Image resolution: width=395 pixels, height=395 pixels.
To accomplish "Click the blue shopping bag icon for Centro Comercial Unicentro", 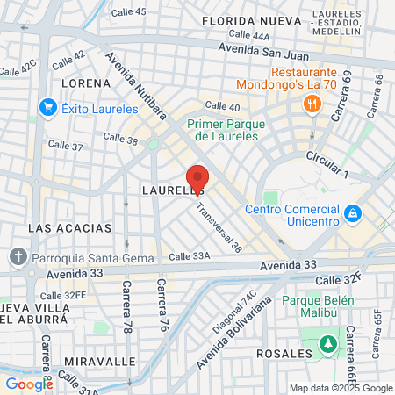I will pyautogui.click(x=352, y=212).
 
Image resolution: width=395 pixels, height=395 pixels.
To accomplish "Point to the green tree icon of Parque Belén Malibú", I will pyautogui.click(x=329, y=342).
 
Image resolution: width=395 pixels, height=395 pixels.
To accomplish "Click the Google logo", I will pyautogui.click(x=29, y=384).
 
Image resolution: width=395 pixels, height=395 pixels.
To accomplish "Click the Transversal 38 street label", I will pyautogui.click(x=219, y=228).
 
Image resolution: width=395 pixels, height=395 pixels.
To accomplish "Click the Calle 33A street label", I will pyautogui.click(x=190, y=256).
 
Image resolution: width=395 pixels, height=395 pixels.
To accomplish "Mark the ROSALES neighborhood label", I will pyautogui.click(x=284, y=354).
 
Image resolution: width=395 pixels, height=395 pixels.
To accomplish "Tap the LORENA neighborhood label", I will pyautogui.click(x=86, y=83).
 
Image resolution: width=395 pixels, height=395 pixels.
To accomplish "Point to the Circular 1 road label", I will pyautogui.click(x=327, y=164).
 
